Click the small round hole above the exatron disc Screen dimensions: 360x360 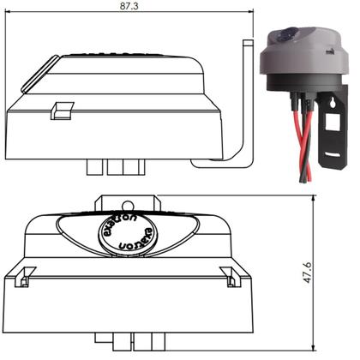click(127, 206)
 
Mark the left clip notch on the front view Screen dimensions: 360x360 click(24, 275)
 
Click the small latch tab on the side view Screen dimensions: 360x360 click(61, 109)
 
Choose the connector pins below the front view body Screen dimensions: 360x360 click(125, 344)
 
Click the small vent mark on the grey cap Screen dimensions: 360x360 click(332, 57)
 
